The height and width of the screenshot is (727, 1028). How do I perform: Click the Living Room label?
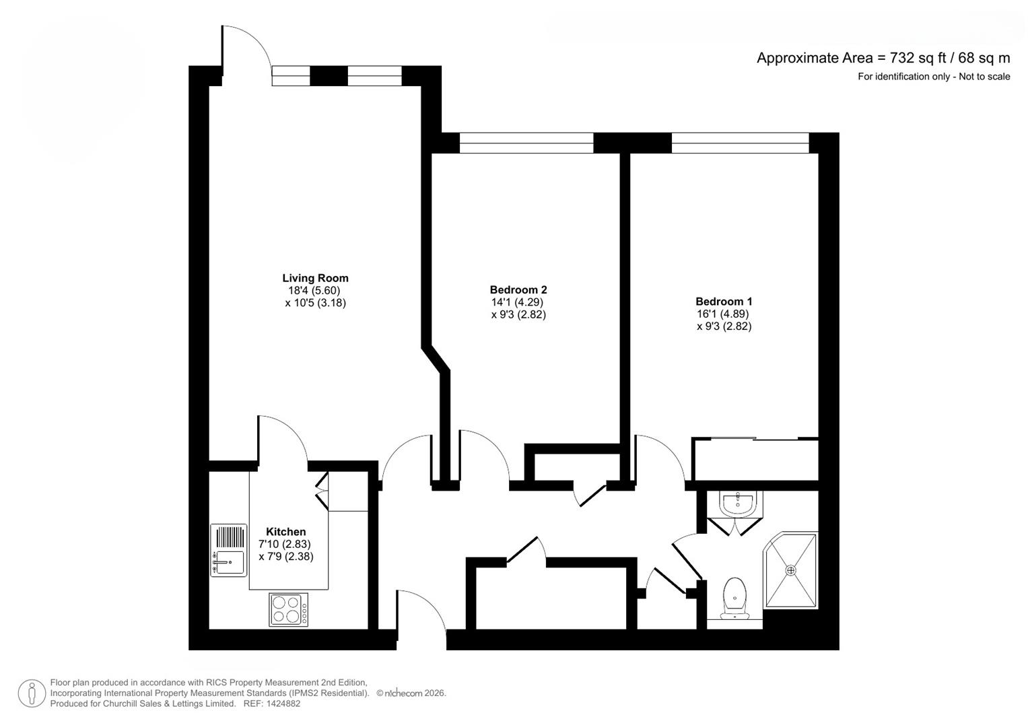[315, 277]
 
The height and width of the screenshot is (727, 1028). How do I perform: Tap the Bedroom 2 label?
[518, 289]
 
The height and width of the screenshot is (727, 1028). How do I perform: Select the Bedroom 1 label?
[724, 302]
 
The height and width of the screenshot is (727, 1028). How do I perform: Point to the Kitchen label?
[286, 532]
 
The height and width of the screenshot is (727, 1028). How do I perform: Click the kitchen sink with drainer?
[228, 550]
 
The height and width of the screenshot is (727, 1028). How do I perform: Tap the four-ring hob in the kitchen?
[289, 609]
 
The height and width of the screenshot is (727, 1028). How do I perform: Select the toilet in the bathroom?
[734, 598]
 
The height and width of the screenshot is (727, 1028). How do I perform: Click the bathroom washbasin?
[737, 504]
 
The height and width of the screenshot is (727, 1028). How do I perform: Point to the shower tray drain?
[791, 571]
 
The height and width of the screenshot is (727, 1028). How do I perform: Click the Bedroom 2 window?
[526, 143]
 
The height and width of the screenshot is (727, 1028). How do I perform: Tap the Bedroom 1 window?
[741, 143]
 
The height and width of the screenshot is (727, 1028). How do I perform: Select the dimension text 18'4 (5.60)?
[314, 291]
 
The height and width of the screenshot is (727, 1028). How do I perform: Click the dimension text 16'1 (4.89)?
[723, 314]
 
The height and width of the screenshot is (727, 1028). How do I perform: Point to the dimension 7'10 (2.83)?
[285, 545]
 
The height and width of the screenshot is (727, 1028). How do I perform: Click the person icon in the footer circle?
[32, 693]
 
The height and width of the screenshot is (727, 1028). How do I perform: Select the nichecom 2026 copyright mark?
[411, 693]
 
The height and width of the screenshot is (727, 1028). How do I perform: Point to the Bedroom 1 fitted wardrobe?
[755, 459]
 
